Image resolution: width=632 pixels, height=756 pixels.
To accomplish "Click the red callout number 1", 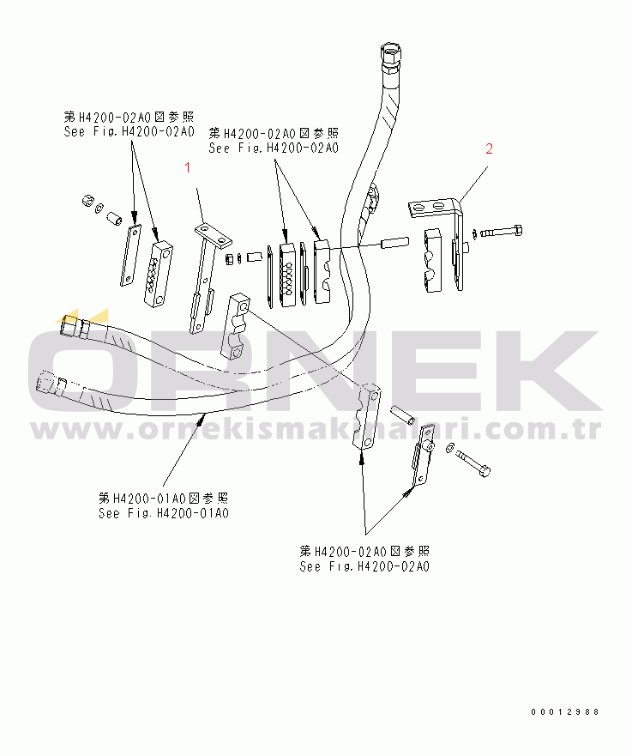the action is tap(188, 169).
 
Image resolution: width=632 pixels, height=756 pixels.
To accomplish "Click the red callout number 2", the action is tap(489, 148).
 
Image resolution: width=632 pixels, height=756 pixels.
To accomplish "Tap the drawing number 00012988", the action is tap(564, 712).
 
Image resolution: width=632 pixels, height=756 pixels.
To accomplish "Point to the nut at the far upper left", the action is tap(87, 201).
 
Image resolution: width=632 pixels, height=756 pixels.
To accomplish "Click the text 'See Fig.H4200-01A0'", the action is tap(163, 513).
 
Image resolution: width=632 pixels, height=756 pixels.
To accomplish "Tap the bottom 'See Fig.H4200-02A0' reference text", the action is tap(364, 566).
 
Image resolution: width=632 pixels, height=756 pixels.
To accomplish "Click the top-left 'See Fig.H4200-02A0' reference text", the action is tap(129, 131).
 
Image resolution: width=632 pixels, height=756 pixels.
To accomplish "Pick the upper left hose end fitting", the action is tap(73, 327).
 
